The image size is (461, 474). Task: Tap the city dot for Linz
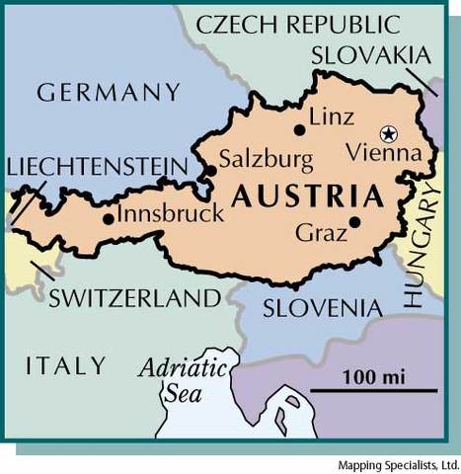pos(299,129)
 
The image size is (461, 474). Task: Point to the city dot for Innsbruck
pos(108,219)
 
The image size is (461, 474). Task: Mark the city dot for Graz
pos(353,221)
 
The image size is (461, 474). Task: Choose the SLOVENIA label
pos(322,308)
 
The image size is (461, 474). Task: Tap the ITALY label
pos(65,364)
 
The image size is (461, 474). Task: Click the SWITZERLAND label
pos(133,298)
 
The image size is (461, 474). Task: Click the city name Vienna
pos(392,154)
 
